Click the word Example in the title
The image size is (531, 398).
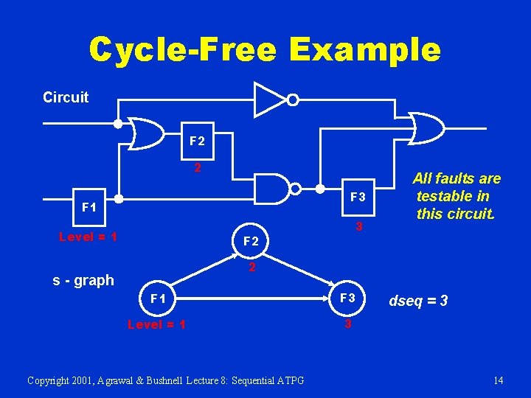pyautogui.click(x=365, y=49)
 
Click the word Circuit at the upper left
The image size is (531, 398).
pyautogui.click(x=66, y=97)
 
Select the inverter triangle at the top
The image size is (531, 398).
pyautogui.click(x=270, y=99)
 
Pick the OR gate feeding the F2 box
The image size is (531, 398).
pyautogui.click(x=147, y=133)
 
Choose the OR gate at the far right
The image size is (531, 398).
pyautogui.click(x=427, y=128)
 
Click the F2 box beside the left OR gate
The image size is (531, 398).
pyautogui.click(x=197, y=140)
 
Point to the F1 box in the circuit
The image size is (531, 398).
pyautogui.click(x=88, y=207)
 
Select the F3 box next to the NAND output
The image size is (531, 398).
pyautogui.click(x=357, y=197)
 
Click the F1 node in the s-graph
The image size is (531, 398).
pyautogui.click(x=157, y=298)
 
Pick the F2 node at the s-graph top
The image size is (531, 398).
pyautogui.click(x=251, y=241)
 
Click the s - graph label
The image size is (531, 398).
pyautogui.click(x=83, y=280)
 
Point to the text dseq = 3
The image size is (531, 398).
pyautogui.click(x=419, y=301)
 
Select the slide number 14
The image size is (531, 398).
pyautogui.click(x=499, y=380)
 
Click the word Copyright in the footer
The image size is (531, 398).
pyautogui.click(x=49, y=380)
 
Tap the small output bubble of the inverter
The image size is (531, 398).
pyautogui.click(x=293, y=99)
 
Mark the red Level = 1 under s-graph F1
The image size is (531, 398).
pyautogui.click(x=156, y=324)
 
